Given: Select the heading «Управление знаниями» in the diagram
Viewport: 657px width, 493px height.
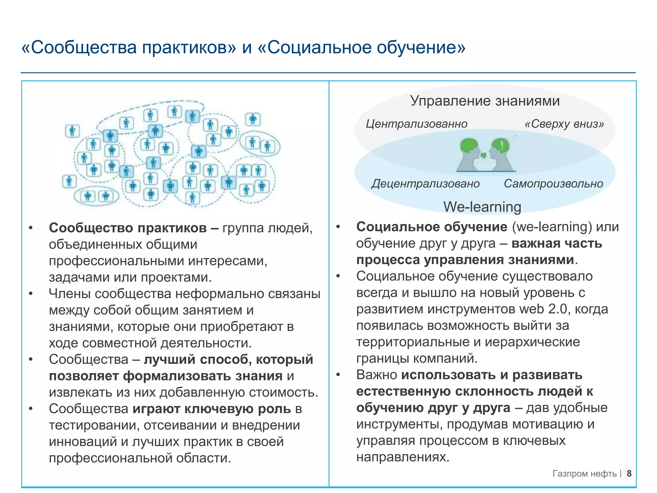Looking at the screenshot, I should pyautogui.click(x=485, y=101).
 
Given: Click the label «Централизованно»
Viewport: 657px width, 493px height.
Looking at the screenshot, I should pyautogui.click(x=416, y=124).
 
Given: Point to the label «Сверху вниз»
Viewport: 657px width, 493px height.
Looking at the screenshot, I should pyautogui.click(x=564, y=124).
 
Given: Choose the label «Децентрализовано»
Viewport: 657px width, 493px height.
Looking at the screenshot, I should pyautogui.click(x=425, y=184).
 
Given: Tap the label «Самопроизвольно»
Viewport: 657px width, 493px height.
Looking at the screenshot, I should pyautogui.click(x=553, y=184).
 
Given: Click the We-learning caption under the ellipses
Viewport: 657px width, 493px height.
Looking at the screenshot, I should pyautogui.click(x=482, y=207).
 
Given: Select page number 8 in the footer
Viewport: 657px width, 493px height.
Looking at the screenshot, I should pyautogui.click(x=629, y=473).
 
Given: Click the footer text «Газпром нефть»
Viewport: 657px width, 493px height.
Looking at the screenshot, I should pyautogui.click(x=584, y=474).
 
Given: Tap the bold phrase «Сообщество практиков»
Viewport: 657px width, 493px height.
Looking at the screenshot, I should pyautogui.click(x=128, y=228).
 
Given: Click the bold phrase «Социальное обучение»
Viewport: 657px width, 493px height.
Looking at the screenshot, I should pyautogui.click(x=432, y=227).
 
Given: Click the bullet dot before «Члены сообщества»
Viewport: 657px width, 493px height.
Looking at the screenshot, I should pyautogui.click(x=31, y=294).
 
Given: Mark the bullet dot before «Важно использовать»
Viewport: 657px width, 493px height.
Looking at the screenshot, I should pyautogui.click(x=338, y=375).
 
